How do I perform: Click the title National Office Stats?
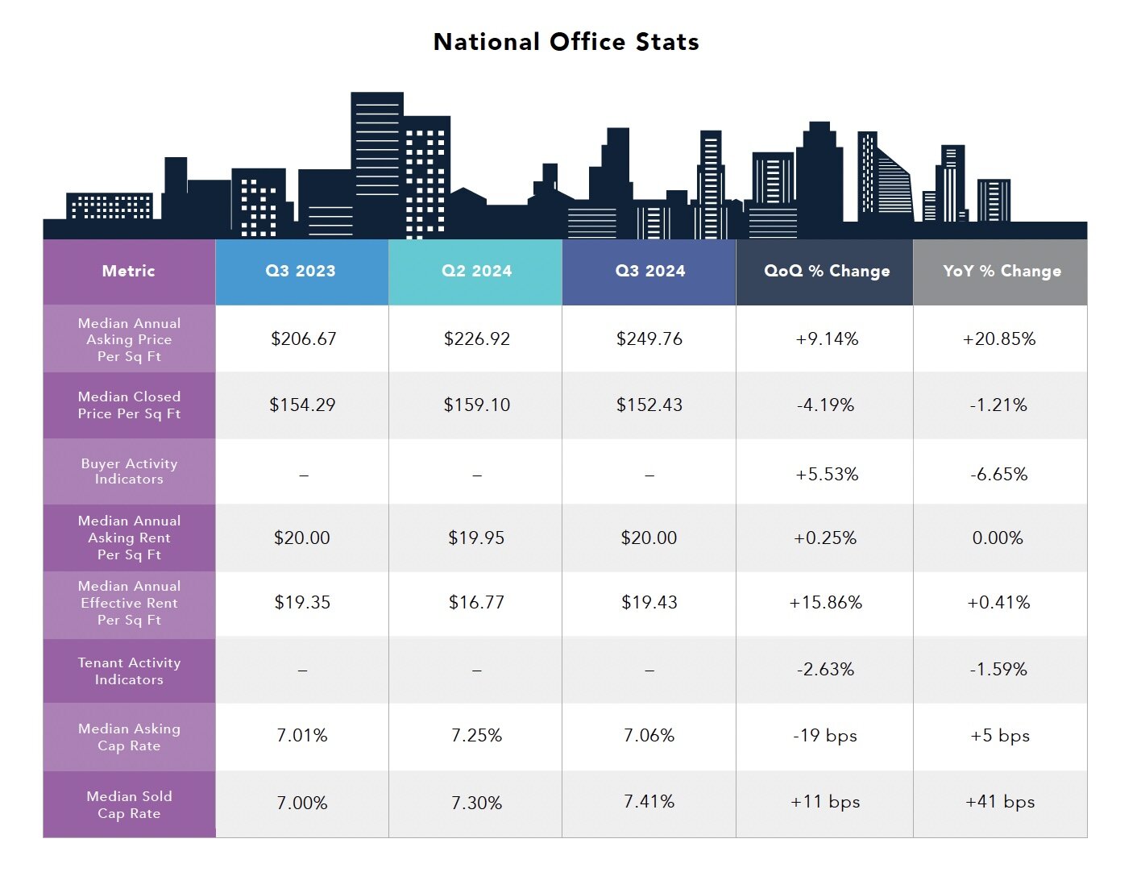[566, 42]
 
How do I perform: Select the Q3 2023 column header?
[301, 271]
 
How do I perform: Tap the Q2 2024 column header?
[476, 271]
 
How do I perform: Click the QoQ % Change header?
[827, 271]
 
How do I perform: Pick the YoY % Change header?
[1002, 271]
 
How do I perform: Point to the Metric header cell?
[128, 271]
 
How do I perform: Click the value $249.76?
[649, 338]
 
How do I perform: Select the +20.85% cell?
[999, 338]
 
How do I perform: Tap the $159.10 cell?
[476, 405]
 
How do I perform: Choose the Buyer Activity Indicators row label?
[129, 471]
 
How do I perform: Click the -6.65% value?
[999, 474]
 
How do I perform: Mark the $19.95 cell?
[476, 538]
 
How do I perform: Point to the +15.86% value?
[826, 602]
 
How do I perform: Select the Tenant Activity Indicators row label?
[129, 671]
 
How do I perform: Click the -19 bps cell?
[825, 735]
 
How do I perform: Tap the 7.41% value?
[649, 801]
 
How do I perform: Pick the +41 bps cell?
[1000, 801]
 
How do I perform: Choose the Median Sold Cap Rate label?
[129, 804]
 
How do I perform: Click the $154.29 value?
[302, 405]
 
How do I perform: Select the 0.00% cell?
[998, 538]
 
